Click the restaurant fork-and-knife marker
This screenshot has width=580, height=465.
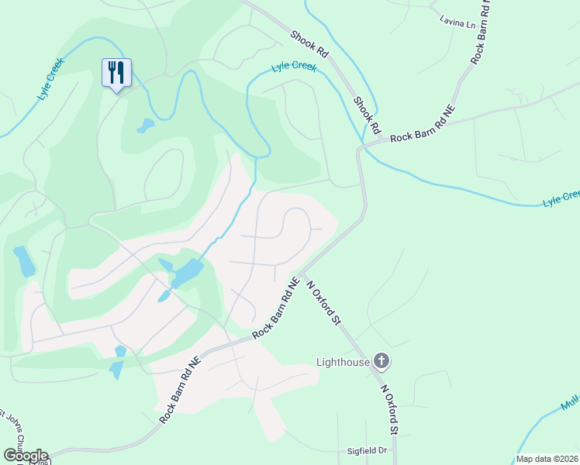116,73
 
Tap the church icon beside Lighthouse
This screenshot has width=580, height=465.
381,360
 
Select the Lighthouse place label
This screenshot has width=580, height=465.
343,361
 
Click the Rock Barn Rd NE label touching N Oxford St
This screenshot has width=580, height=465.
276,308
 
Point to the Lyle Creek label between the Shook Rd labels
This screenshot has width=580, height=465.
294,67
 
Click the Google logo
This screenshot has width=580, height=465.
26,455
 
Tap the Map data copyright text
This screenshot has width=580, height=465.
547,459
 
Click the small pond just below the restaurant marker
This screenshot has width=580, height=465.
145,126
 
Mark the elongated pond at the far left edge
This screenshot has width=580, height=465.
25,261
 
